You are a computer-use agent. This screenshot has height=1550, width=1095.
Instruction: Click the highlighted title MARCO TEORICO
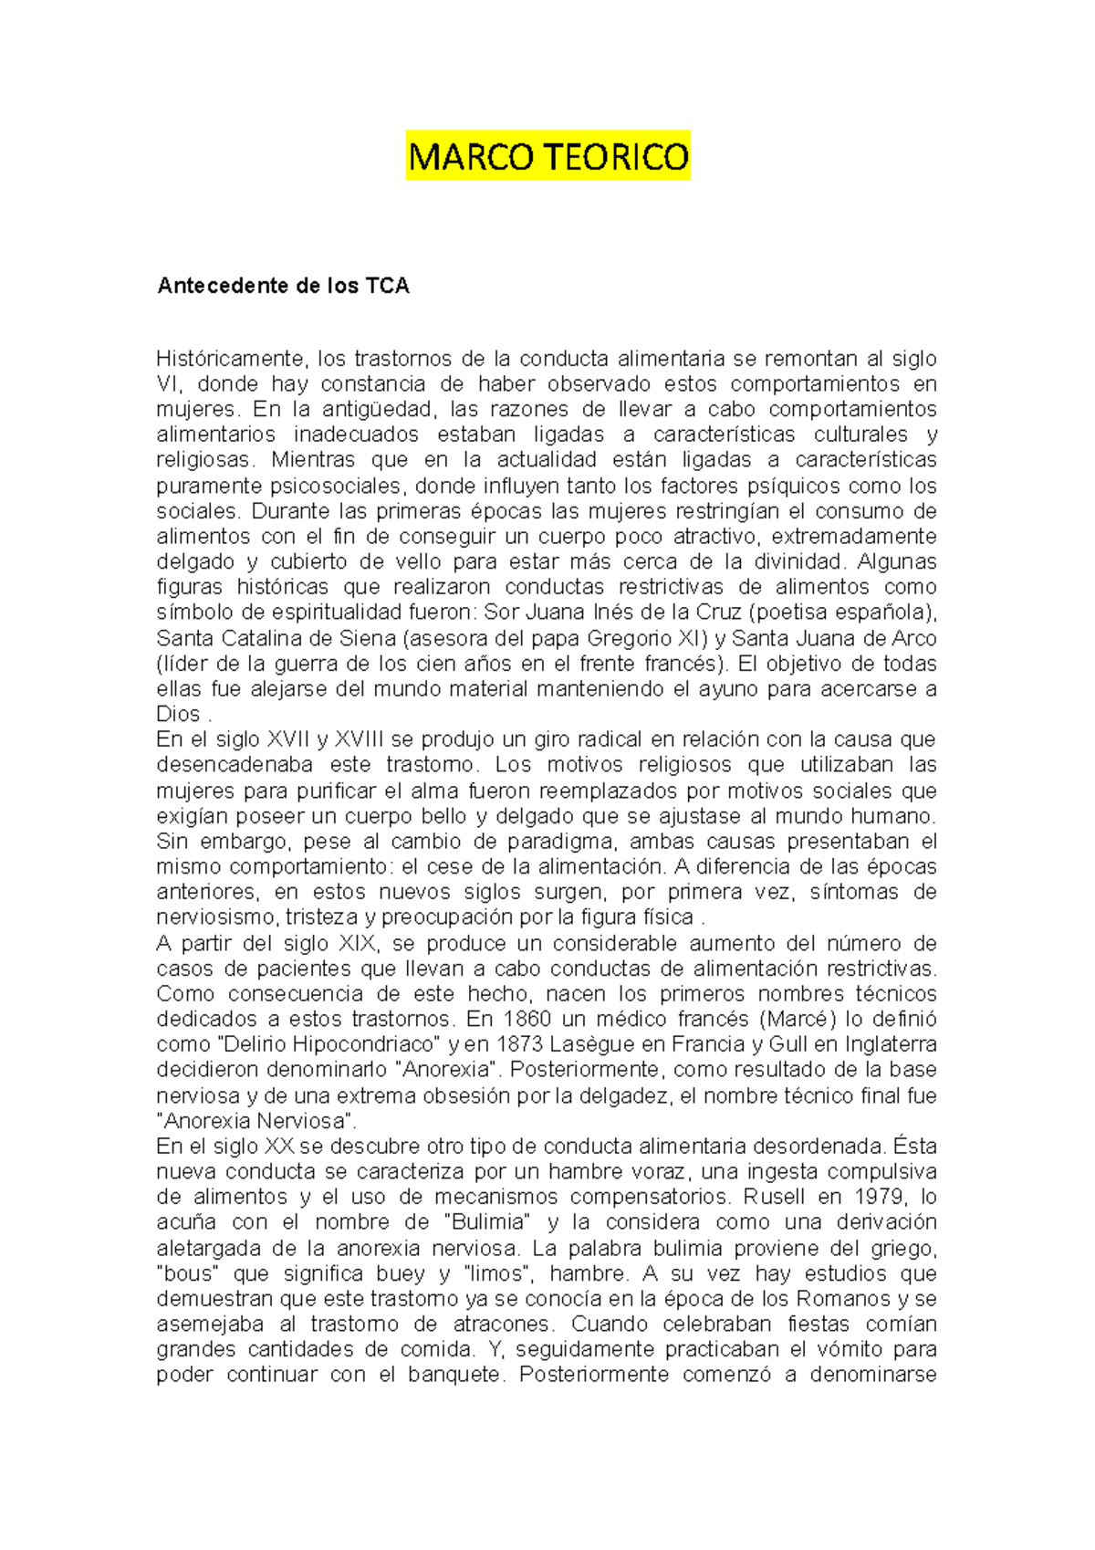[x=547, y=157]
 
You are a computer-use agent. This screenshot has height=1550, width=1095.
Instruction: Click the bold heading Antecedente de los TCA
[x=283, y=286]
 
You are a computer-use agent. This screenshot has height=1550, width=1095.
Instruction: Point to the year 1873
[x=518, y=1044]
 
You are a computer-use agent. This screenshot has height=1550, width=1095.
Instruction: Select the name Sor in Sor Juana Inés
[x=500, y=613]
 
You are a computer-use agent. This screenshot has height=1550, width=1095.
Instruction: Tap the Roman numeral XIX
[x=357, y=943]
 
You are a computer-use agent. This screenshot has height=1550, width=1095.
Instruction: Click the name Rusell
[x=775, y=1197]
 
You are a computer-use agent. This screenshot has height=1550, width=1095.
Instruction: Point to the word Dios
[x=178, y=714]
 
